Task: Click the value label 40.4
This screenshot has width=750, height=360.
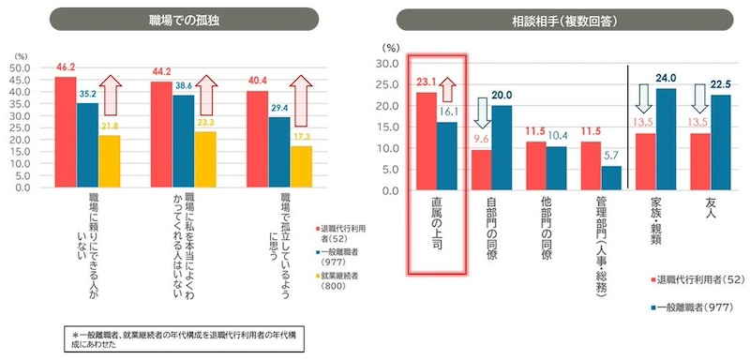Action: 257,81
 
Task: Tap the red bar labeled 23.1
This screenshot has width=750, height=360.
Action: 426,134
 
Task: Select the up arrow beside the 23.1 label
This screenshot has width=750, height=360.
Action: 448,89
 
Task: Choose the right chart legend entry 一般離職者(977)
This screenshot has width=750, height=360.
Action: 697,307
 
